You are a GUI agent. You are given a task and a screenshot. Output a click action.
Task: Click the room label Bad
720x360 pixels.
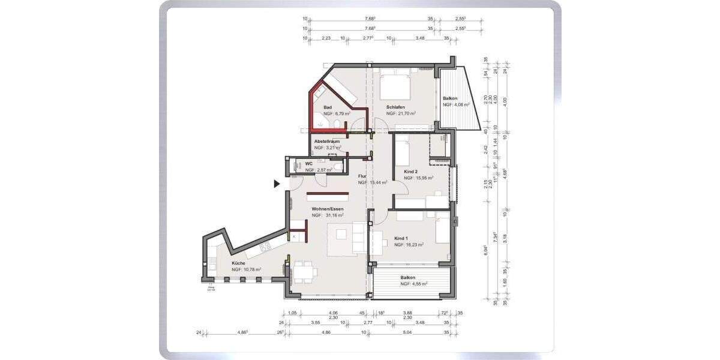(328, 107)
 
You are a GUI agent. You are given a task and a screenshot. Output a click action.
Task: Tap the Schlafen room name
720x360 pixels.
(396, 107)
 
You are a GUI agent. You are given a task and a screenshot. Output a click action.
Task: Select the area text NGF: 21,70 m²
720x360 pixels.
(401, 113)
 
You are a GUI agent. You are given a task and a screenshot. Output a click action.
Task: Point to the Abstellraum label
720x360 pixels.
(327, 141)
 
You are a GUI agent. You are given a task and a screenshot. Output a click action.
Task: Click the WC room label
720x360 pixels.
(309, 163)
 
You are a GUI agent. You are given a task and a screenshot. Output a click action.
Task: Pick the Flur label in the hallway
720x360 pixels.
(362, 176)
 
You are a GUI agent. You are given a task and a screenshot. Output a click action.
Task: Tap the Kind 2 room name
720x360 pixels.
(410, 172)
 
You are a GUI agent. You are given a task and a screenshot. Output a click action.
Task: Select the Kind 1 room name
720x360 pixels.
(401, 238)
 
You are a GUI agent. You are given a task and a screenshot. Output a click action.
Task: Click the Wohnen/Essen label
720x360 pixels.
(327, 208)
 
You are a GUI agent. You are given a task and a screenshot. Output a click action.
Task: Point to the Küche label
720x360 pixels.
(239, 263)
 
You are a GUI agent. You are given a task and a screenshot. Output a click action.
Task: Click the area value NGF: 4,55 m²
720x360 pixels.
(412, 284)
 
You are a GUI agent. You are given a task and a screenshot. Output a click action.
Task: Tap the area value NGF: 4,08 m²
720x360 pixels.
(455, 104)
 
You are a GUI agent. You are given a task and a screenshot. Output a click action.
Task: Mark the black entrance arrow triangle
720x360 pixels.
(277, 184)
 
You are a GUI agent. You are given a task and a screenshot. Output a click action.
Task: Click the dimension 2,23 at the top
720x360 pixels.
(326, 38)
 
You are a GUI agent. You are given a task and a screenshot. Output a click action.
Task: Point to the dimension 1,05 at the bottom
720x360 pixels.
(293, 312)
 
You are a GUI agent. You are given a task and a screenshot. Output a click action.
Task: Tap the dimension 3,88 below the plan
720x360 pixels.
(407, 312)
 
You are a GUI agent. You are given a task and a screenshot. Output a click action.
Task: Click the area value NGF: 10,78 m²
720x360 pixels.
(247, 269)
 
